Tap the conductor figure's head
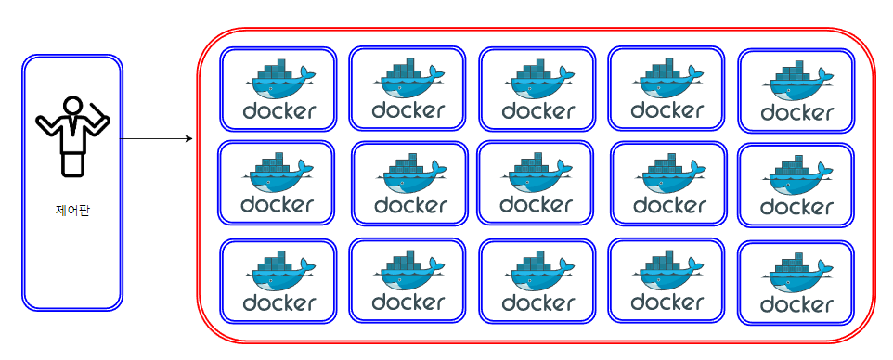coord(72,105)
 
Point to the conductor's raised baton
coord(100,119)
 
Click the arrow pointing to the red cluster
coord(158,140)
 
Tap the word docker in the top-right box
coord(796,113)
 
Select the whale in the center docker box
coord(537,175)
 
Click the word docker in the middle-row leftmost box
coord(277,204)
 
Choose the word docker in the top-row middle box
coord(537,110)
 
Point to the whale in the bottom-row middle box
coord(537,274)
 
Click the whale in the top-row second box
coord(408,80)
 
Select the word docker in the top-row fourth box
coord(667,110)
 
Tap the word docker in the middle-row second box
coord(410,204)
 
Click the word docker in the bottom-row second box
coord(408,302)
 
